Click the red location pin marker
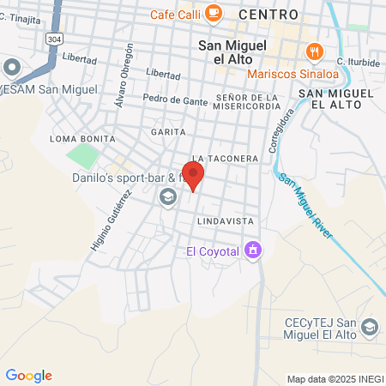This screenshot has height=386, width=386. [194, 177]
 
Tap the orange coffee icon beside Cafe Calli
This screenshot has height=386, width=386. [214, 13]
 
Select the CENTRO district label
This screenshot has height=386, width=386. [269, 15]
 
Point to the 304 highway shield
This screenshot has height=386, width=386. [55, 39]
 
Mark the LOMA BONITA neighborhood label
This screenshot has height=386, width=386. [76, 138]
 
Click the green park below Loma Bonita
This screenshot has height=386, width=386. [82, 157]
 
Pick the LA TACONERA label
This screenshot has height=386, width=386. [226, 159]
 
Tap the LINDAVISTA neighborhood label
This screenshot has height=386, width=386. [226, 220]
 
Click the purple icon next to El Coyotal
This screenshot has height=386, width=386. [253, 250]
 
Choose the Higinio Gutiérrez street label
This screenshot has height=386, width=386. [107, 221]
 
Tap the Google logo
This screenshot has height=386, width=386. [28, 376]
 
